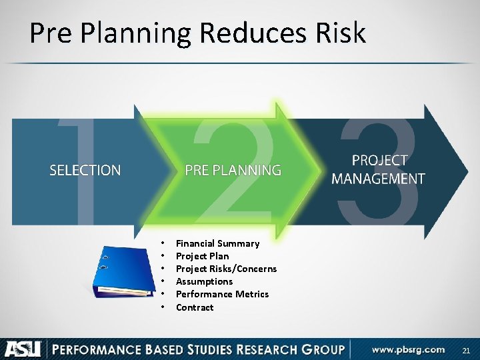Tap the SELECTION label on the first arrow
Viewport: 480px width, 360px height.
85,171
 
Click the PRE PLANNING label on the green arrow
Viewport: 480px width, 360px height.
233,171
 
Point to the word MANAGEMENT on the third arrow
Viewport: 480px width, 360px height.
378,179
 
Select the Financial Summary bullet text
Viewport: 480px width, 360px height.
217,243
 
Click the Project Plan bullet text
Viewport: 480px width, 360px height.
202,256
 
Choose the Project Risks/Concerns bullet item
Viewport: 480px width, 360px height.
226,269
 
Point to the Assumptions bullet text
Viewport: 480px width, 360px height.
204,281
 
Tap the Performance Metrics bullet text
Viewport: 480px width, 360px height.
222,294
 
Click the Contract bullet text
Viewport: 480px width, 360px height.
195,307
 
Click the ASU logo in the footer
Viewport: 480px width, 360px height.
23,349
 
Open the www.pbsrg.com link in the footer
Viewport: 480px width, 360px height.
408,349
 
